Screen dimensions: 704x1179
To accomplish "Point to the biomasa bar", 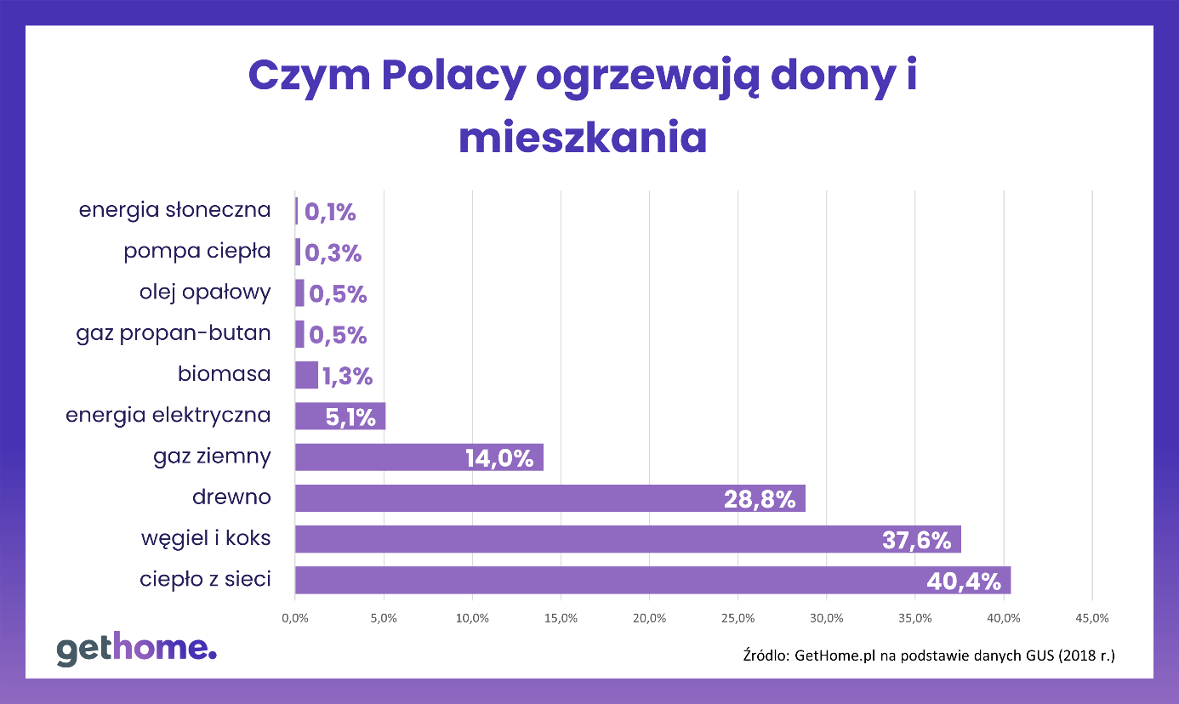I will pos(306,375).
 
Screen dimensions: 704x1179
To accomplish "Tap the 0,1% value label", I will pos(330,213).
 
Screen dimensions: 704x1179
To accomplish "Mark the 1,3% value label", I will pos(347,376).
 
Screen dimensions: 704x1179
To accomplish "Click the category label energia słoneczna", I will pos(174,210).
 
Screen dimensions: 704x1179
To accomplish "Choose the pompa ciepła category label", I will pos(196,252).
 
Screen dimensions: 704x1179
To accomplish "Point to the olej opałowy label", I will pos(205,292).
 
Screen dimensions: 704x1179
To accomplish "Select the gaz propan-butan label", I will pos(174,333).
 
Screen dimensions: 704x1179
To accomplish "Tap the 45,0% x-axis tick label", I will pos(1092,618).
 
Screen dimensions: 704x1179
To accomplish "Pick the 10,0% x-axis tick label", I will pos(472,618).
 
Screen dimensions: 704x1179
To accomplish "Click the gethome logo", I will pos(137,649).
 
